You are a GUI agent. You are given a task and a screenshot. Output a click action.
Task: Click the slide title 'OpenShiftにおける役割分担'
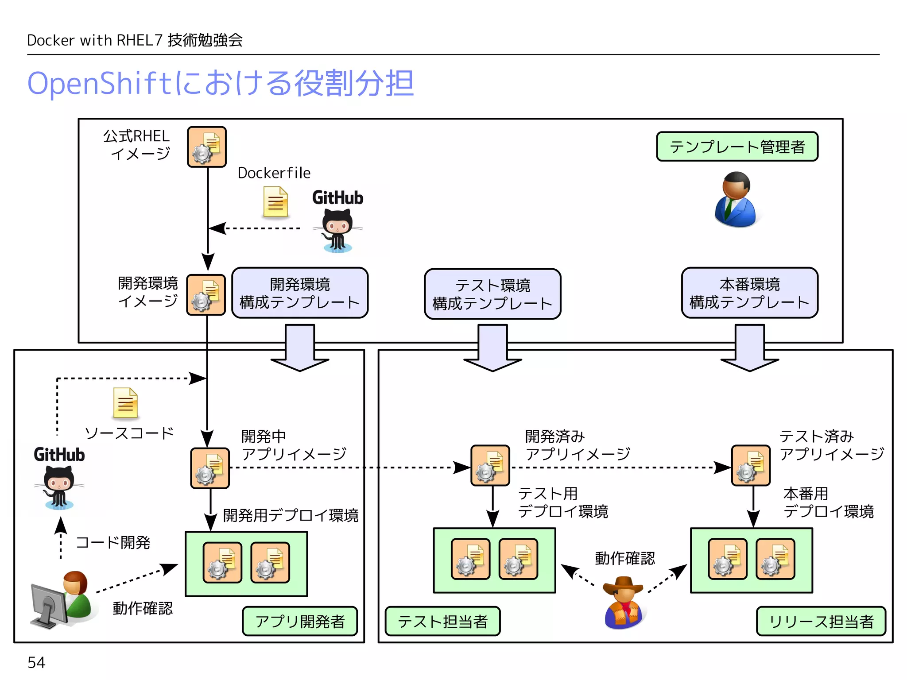[221, 83]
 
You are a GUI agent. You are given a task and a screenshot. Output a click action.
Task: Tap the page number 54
[36, 662]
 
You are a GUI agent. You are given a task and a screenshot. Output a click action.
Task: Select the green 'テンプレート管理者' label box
[737, 147]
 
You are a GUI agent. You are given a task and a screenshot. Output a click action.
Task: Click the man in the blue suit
[736, 200]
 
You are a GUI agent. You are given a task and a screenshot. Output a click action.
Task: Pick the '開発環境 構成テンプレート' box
[300, 293]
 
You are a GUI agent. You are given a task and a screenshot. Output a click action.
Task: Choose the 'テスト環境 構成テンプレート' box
[492, 294]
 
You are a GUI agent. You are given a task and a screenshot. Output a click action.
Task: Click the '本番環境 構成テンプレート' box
[749, 293]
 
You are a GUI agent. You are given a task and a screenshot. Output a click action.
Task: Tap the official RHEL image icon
[207, 147]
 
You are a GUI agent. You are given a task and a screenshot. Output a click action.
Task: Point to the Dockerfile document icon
[275, 202]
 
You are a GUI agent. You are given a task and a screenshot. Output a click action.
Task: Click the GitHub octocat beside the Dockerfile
[337, 230]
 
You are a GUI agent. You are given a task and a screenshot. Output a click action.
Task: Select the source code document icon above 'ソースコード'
[125, 403]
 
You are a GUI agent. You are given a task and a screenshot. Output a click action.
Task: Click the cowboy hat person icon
[623, 603]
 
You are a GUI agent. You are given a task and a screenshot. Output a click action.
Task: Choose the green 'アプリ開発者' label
[300, 622]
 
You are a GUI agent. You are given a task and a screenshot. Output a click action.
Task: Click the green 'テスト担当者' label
[442, 622]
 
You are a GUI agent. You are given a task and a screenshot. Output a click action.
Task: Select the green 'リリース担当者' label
[821, 622]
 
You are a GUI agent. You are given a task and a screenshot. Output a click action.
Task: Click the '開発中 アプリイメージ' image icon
[210, 468]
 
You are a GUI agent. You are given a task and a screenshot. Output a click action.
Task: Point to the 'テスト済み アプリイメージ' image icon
[751, 466]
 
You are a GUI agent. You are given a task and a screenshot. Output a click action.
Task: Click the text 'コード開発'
[113, 542]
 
